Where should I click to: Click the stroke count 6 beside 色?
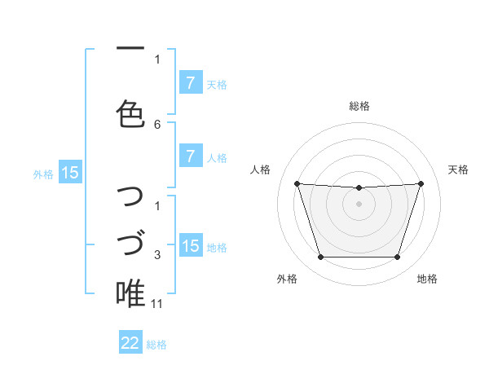(157, 124)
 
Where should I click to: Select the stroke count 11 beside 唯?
(157, 304)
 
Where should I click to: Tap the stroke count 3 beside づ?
(157, 255)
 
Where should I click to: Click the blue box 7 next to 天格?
(190, 83)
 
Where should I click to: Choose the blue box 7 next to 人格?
(190, 156)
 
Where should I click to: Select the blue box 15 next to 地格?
(190, 246)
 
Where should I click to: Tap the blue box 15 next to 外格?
(70, 173)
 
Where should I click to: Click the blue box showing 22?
(130, 343)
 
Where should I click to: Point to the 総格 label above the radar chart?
(359, 106)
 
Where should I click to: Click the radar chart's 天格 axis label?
(459, 169)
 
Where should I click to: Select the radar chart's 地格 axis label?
(427, 280)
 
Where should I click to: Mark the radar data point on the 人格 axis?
(297, 183)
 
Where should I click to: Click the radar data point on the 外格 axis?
(320, 258)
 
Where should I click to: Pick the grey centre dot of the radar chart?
(359, 204)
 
